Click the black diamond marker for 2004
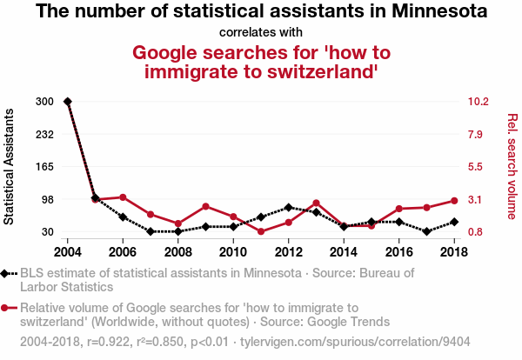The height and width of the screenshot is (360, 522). (x=68, y=102)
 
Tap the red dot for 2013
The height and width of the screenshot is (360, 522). (x=316, y=203)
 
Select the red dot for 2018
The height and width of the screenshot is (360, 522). (x=454, y=201)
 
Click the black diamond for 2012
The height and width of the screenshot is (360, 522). (x=288, y=207)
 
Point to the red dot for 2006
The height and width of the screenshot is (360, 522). (x=123, y=197)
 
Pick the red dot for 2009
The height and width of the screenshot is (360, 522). (x=205, y=206)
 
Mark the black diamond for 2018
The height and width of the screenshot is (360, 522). (x=454, y=222)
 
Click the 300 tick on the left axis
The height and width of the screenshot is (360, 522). (x=45, y=102)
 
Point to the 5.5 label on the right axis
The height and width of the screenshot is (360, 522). (x=478, y=167)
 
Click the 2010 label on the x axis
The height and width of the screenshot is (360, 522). (x=233, y=252)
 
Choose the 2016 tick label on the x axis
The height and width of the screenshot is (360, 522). (x=398, y=252)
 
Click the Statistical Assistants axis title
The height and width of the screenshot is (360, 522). (x=10, y=167)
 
